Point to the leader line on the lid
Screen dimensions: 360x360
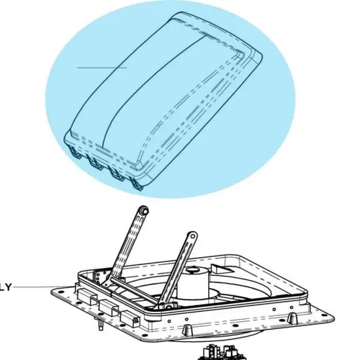click(102, 68)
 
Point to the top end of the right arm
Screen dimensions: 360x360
click(192, 235)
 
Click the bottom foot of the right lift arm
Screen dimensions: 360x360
click(166, 302)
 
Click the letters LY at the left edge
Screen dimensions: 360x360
click(6, 287)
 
